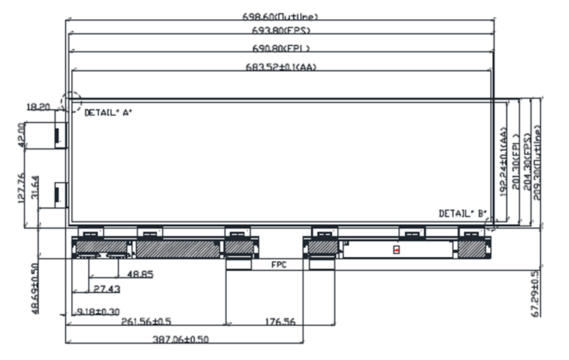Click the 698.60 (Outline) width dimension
coord(280,16)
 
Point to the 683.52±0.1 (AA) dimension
coord(280,67)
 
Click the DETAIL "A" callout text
coord(108,112)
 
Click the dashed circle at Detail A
coord(70,101)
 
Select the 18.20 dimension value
coord(37,107)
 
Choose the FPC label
coord(280,264)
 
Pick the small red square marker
coord(396,250)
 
